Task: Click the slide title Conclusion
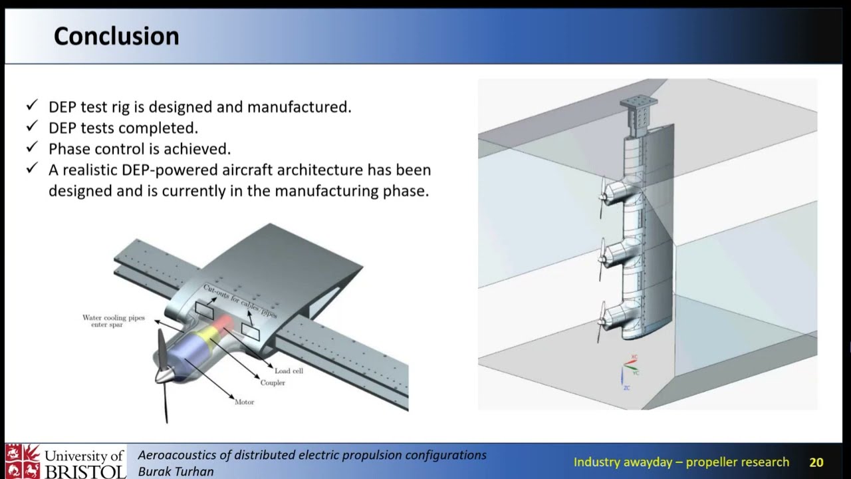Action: coord(116,36)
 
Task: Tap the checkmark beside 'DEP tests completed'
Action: coord(32,126)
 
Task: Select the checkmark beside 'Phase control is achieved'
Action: coord(32,148)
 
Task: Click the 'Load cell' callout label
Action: coord(289,371)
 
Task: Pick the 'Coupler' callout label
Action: coord(273,383)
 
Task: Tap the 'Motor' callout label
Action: coord(244,402)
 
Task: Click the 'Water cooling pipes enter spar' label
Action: coord(113,321)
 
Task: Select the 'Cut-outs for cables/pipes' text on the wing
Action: coord(239,300)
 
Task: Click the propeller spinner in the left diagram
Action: coord(164,374)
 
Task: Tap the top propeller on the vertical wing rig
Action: coord(604,196)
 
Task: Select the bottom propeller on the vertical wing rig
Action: coord(602,321)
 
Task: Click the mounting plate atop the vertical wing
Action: coord(638,102)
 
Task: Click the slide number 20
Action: coord(816,462)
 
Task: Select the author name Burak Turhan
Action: coord(176,471)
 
